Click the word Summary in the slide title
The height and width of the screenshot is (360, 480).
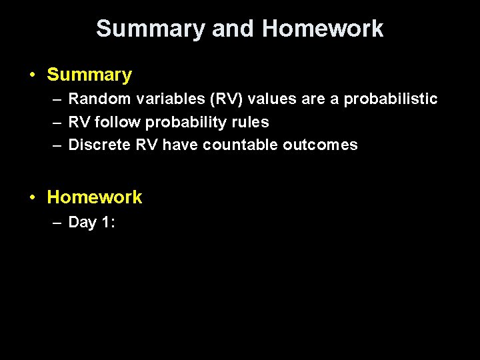[x=151, y=29]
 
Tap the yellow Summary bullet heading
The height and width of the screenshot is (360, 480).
[x=89, y=75]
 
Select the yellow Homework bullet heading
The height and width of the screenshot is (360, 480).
[x=95, y=197]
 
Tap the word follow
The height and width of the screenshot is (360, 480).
[x=118, y=122]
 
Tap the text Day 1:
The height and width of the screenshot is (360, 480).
[x=92, y=223]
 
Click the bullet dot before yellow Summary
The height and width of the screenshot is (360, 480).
[x=32, y=75]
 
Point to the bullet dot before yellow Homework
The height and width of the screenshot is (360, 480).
[x=32, y=197]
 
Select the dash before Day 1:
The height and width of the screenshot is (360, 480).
[x=56, y=223]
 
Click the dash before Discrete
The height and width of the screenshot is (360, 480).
[x=56, y=145]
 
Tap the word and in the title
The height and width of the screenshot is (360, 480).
[x=233, y=29]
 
